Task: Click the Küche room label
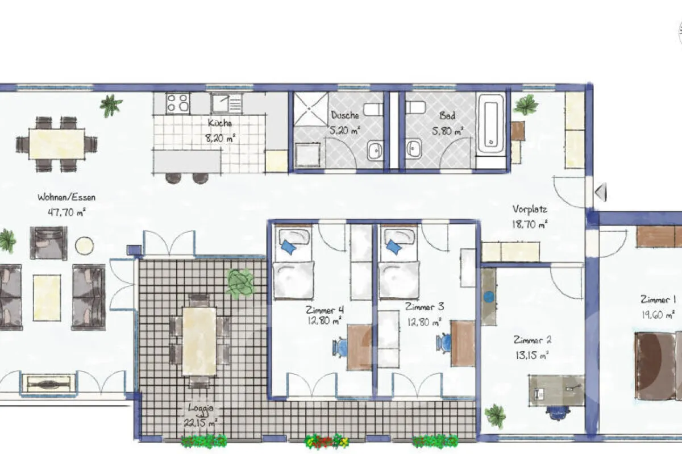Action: coord(220,123)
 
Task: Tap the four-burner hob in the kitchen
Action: coord(177,103)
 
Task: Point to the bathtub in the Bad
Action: coord(491,125)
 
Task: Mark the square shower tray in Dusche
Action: coord(310,109)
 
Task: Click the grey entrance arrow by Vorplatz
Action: coord(600,191)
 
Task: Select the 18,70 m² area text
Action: coord(529,224)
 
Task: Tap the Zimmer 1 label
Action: coord(658,299)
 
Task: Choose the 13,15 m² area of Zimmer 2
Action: coord(531,356)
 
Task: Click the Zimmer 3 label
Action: coord(425,307)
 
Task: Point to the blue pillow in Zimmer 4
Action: coord(288,247)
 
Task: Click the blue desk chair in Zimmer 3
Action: coord(444,344)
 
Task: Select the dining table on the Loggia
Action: coord(199,340)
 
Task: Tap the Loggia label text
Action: coord(202,407)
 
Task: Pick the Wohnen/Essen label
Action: coord(66,198)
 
